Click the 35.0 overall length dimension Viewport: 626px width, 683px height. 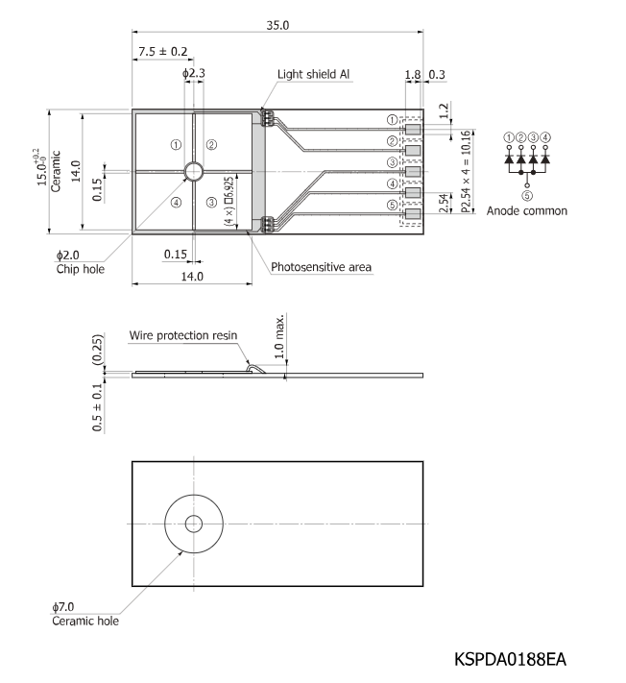[x=277, y=25]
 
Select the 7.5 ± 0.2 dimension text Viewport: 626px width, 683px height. [x=163, y=52]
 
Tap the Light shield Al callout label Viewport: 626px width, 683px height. [x=313, y=74]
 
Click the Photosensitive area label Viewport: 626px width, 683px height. [x=322, y=267]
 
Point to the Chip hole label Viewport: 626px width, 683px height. [x=81, y=269]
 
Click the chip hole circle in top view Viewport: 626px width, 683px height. [x=194, y=171]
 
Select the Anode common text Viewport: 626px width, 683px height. [x=527, y=210]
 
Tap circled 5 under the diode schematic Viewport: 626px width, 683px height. [x=527, y=196]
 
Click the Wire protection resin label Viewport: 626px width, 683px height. [x=183, y=335]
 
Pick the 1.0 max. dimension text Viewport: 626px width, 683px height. [x=279, y=336]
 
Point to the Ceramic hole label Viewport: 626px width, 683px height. [x=85, y=621]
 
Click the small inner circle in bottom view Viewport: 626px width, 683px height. [x=194, y=524]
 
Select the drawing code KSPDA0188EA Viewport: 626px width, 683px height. [x=510, y=660]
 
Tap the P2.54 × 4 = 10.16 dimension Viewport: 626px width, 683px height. [x=466, y=172]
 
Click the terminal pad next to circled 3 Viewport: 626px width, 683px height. [x=413, y=172]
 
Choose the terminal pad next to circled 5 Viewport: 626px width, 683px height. [x=413, y=214]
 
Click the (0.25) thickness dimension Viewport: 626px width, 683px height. [x=98, y=350]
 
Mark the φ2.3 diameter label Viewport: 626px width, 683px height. [x=194, y=73]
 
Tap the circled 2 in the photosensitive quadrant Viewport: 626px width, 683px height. [x=211, y=145]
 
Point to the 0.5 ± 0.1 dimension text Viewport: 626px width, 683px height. [x=98, y=407]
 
